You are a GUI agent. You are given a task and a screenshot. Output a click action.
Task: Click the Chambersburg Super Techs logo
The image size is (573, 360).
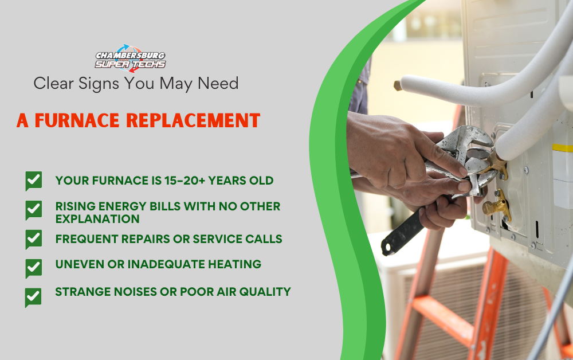point(130,58)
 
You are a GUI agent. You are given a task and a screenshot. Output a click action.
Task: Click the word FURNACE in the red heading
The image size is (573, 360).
point(77,120)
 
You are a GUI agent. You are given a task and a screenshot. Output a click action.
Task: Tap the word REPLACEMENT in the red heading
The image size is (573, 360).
point(193,120)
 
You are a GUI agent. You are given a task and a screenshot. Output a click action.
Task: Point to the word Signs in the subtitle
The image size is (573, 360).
point(99,84)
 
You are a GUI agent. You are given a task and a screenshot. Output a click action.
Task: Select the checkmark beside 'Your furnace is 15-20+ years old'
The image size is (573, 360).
point(34,181)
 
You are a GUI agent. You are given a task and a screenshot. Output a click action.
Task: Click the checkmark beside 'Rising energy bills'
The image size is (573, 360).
point(34,210)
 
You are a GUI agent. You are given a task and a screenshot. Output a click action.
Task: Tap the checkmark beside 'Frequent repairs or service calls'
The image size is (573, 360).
point(34,239)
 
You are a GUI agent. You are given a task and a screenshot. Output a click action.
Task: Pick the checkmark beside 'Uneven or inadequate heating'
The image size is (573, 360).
point(34,268)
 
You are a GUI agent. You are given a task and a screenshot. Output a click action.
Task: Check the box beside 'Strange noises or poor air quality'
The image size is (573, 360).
point(33,298)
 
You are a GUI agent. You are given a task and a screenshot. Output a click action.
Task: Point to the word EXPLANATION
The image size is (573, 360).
point(97,219)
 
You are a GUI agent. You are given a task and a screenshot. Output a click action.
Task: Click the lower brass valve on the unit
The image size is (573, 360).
point(497,206)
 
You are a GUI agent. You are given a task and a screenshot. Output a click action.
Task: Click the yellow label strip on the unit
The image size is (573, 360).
point(562,148)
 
